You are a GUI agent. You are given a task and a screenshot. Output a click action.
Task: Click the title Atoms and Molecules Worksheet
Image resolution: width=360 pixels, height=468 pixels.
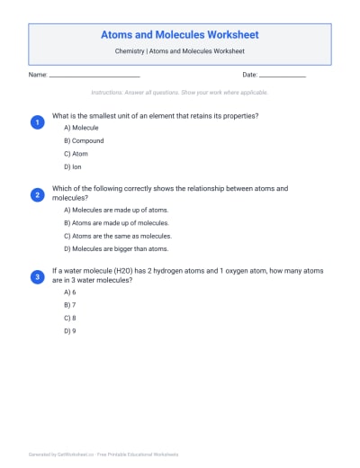click(180, 35)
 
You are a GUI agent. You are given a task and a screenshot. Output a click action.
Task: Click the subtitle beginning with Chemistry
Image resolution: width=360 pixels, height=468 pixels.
click(180, 53)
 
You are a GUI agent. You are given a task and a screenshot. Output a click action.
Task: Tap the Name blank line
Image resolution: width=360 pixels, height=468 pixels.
click(94, 76)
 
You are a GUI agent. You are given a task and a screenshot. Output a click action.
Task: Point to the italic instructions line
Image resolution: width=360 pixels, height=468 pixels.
click(180, 93)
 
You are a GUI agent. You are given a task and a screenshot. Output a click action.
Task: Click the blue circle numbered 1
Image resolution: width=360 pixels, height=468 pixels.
click(37, 121)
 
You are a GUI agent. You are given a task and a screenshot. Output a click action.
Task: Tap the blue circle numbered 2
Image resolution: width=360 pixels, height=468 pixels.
click(37, 194)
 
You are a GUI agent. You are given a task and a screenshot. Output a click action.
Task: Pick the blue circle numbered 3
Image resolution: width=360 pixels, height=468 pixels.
click(37, 276)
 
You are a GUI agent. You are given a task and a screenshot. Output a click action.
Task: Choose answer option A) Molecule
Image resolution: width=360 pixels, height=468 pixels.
click(81, 129)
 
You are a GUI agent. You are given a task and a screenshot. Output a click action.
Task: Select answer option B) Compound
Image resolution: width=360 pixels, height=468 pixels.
click(84, 141)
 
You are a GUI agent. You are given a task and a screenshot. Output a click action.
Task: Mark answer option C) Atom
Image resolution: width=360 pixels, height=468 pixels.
click(76, 154)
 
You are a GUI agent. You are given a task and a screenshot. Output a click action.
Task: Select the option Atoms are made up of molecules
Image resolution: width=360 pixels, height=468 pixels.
click(116, 222)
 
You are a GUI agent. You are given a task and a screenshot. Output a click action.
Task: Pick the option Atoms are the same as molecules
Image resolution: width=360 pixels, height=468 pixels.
click(117, 236)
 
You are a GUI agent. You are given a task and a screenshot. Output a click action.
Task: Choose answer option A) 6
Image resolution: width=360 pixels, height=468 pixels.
click(70, 292)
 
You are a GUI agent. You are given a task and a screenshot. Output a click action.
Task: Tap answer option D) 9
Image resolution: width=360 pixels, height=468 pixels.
click(70, 330)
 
